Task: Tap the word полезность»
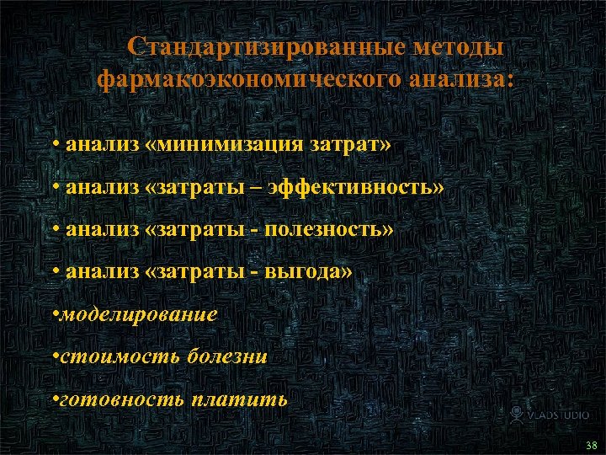coord(329,229)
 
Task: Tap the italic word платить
coord(239,399)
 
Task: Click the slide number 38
coord(591,444)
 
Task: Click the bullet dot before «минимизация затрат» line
coord(55,144)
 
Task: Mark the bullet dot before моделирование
coord(55,314)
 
